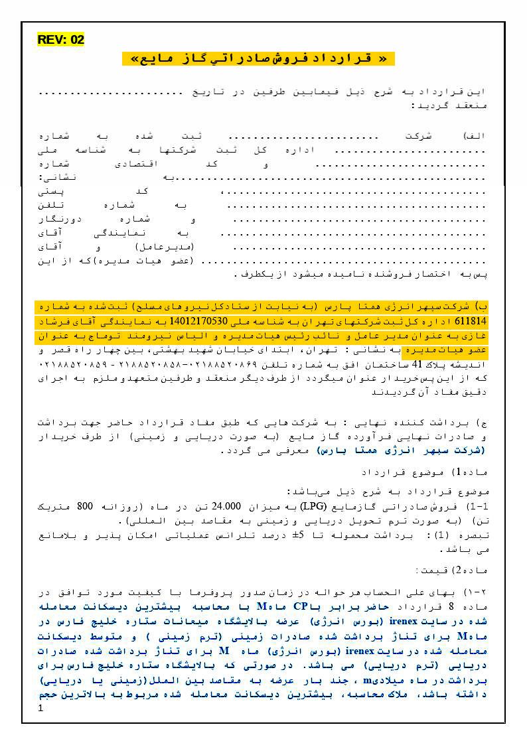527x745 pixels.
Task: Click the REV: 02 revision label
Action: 61,40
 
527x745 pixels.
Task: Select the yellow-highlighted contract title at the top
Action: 258,58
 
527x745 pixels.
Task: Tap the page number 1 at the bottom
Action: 41,709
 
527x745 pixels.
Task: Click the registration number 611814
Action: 474,321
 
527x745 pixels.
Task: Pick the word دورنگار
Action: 62,219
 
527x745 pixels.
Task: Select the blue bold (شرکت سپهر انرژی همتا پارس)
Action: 402,450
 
